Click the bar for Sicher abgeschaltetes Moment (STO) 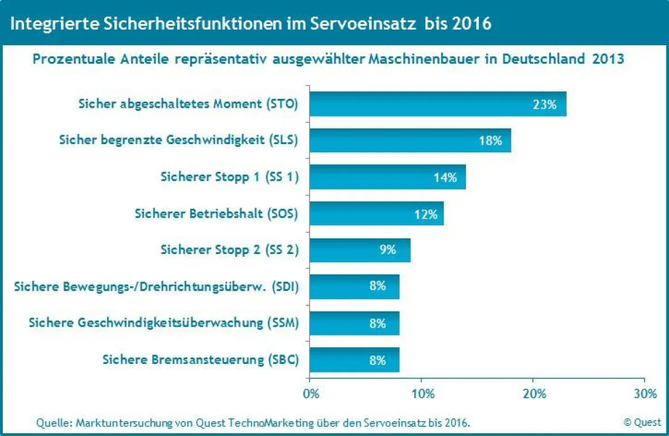438,104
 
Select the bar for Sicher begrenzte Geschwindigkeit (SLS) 410,141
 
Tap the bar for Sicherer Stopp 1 387,178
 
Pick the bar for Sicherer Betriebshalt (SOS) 376,214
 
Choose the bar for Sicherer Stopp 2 360,250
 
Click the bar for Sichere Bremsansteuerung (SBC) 354,360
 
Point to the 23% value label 544,104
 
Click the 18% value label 490,141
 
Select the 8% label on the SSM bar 377,323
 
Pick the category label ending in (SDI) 157,287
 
